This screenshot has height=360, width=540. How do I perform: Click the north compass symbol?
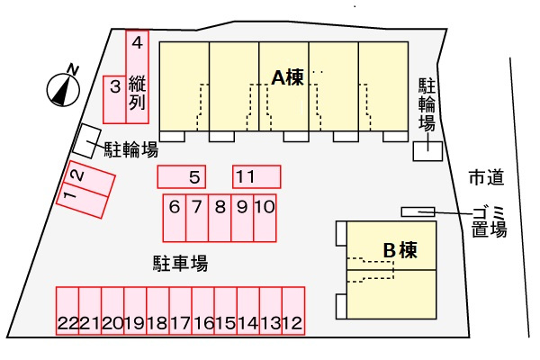[x=63, y=89]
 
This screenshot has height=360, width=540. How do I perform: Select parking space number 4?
[x=137, y=76]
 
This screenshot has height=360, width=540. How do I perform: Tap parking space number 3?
[x=114, y=100]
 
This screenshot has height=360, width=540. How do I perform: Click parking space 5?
[x=182, y=176]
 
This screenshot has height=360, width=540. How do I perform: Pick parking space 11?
[x=256, y=176]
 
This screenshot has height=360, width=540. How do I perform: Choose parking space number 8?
[x=220, y=218]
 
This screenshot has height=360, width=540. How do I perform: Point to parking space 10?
[x=265, y=218]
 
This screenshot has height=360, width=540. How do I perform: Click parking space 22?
[x=67, y=310]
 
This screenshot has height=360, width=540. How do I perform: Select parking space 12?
[x=293, y=310]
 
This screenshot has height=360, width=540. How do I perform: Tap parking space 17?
[x=181, y=310]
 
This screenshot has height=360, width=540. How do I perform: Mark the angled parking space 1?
[x=83, y=201]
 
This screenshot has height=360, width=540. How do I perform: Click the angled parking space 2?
[x=89, y=179]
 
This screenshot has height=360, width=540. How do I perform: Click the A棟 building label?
[x=288, y=77]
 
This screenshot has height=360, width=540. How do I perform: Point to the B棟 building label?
[x=400, y=250]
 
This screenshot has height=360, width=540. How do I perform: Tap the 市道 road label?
[x=487, y=177]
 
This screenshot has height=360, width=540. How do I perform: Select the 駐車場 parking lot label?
[x=181, y=263]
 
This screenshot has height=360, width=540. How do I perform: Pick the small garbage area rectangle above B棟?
[x=418, y=211]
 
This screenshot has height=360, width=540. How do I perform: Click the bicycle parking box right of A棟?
[x=427, y=151]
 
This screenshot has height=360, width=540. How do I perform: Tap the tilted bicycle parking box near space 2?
[x=86, y=141]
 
